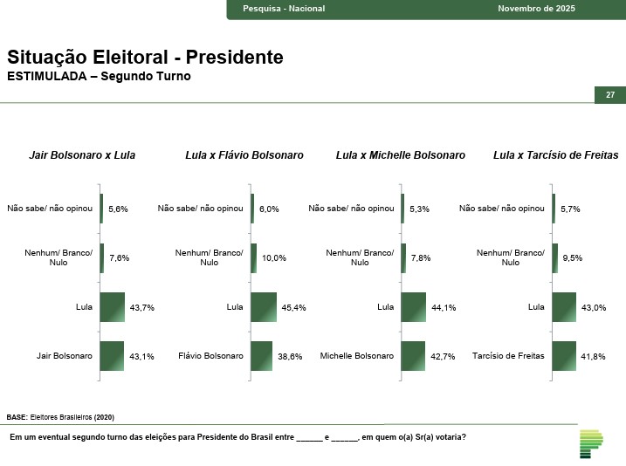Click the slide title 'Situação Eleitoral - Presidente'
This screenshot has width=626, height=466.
click(x=145, y=58)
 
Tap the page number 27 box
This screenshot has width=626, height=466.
click(x=610, y=94)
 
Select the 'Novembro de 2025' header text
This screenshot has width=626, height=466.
click(x=536, y=9)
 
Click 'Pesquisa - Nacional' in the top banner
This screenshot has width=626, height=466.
click(x=284, y=9)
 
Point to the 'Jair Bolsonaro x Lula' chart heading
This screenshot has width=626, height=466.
click(x=82, y=155)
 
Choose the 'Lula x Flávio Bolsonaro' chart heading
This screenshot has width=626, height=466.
click(x=244, y=155)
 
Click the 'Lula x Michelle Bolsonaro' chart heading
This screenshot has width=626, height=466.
click(x=401, y=155)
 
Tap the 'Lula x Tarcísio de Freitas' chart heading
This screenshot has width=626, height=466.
click(x=555, y=155)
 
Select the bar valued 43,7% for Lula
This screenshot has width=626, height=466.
click(x=113, y=307)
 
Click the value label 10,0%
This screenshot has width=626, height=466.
click(x=274, y=257)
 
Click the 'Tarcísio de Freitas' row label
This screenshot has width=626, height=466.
click(x=508, y=356)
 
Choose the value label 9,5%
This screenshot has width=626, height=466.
click(x=573, y=257)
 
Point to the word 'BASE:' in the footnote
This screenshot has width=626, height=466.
click(x=17, y=417)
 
